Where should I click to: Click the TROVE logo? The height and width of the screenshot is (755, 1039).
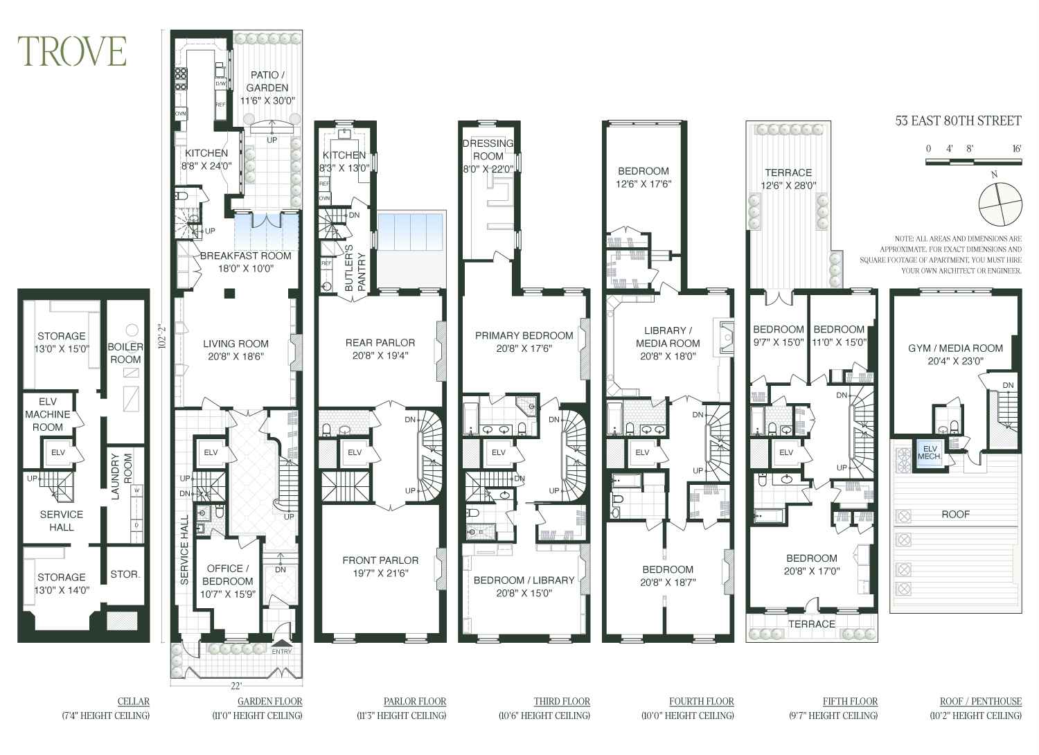coord(72,51)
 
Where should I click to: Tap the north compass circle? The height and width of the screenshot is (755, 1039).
coord(1000,204)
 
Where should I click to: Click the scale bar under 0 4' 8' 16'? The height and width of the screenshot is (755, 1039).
coord(973,162)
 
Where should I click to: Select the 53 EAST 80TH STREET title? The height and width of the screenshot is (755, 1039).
coord(958,121)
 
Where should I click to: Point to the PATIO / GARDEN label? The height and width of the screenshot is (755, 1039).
coord(267,81)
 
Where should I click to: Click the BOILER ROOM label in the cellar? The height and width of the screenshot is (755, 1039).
coord(125,353)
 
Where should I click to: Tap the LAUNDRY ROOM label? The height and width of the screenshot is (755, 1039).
coord(121,477)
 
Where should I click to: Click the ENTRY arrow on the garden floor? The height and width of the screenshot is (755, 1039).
coord(282,643)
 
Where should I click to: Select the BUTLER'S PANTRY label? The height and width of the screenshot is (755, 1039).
coord(355,267)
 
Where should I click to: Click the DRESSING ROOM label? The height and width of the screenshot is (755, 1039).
coord(488,150)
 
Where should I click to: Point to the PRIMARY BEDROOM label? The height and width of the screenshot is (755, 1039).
coord(524,335)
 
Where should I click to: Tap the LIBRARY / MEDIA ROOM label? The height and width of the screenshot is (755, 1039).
coord(668,337)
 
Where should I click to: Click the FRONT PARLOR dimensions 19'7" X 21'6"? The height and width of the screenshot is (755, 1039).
coord(380,574)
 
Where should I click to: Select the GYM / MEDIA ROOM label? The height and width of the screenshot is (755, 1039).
coord(955,348)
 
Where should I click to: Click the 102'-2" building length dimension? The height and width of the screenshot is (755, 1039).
coord(161,336)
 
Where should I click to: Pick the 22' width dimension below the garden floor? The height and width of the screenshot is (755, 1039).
coord(236,686)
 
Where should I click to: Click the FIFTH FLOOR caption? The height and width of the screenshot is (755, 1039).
coord(850,701)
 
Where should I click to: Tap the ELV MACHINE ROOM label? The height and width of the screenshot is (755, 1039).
coord(48,414)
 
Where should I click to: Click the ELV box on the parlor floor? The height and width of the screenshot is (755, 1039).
coord(355,452)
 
